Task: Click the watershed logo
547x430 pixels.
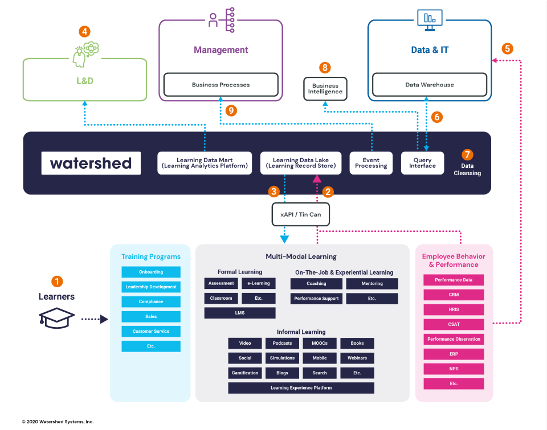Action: point(91,163)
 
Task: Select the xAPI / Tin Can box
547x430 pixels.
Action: point(301,215)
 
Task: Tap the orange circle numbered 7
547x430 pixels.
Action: point(468,155)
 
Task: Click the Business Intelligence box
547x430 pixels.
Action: point(325,88)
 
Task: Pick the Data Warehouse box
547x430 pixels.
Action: point(430,85)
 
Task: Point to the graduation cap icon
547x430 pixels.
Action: point(56,319)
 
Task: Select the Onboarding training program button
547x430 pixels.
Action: point(151,272)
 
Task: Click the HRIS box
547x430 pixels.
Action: point(454,309)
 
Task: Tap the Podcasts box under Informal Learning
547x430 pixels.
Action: point(282,344)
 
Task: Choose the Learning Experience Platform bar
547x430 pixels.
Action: point(301,388)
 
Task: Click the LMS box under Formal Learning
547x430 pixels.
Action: point(239,313)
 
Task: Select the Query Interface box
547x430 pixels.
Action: point(422,163)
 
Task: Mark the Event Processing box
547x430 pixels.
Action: point(371,163)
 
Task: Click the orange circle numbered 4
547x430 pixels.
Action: point(84,32)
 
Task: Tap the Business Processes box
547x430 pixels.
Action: point(221,85)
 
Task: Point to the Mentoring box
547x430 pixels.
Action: point(372,283)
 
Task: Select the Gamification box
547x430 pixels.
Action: point(245,373)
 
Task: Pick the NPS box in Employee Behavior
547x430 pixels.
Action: point(454,369)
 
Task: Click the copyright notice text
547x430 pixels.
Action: point(58,421)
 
